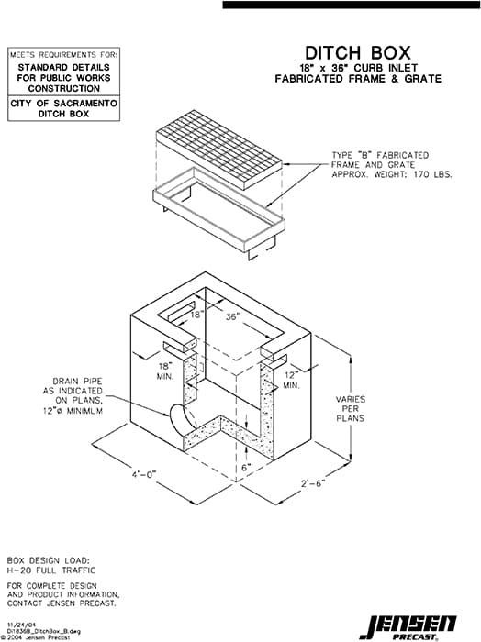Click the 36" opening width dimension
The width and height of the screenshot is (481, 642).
coord(231,315)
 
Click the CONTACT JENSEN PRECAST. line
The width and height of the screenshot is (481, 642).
coord(62,603)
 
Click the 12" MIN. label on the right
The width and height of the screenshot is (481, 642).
coord(290,381)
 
